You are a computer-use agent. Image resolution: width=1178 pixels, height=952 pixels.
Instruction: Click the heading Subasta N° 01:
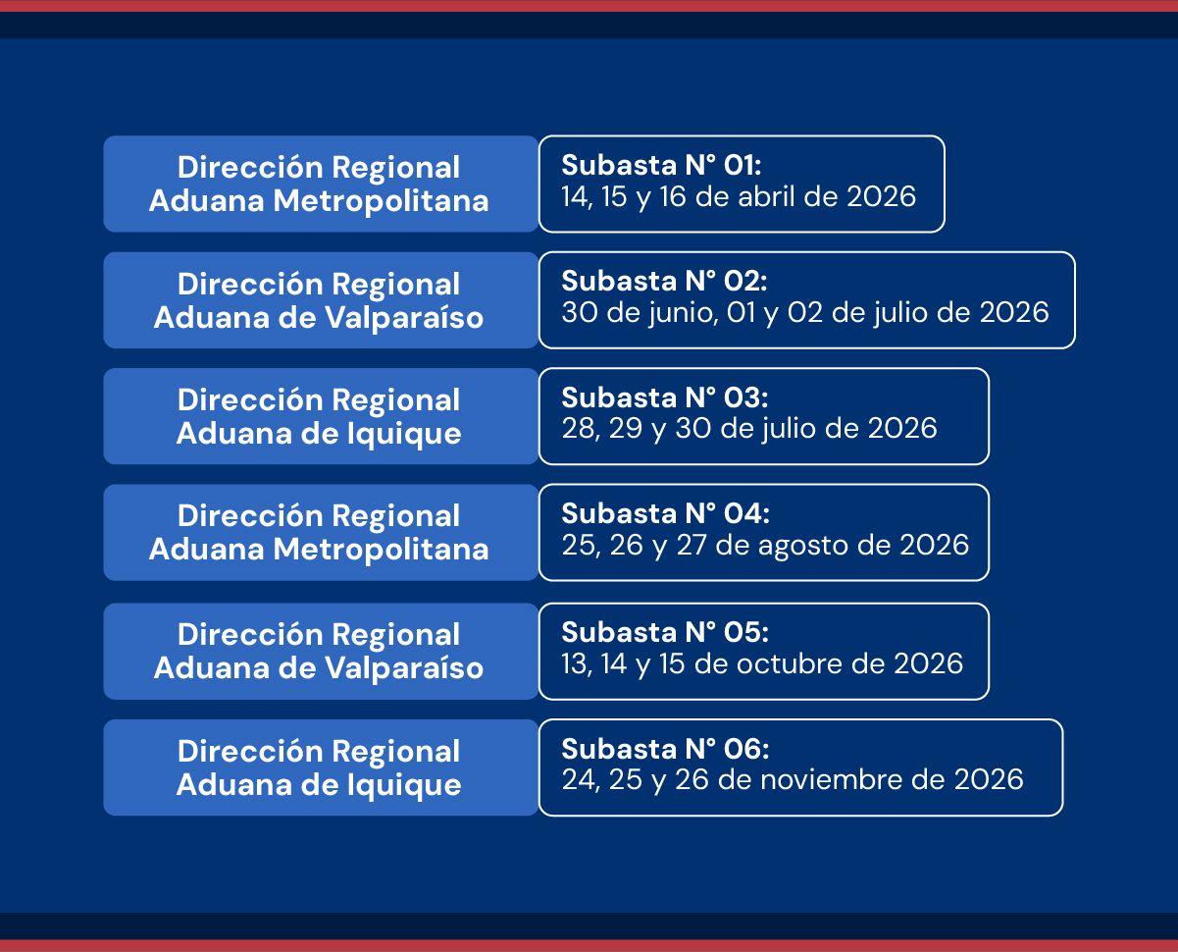(x=661, y=165)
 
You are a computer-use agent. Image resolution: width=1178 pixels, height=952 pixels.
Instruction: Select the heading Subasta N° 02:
(x=664, y=281)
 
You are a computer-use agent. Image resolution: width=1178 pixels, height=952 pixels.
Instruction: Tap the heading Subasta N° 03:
(x=664, y=397)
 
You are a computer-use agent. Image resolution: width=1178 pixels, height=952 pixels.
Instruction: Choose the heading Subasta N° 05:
(x=664, y=632)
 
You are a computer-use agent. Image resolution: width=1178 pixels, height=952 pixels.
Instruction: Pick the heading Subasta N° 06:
(x=665, y=749)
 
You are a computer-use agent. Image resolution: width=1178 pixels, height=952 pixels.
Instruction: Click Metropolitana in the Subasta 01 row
(x=381, y=201)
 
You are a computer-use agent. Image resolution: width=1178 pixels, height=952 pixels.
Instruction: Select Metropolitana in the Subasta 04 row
(x=381, y=549)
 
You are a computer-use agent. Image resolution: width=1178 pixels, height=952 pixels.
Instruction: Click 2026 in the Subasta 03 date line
(x=902, y=428)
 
